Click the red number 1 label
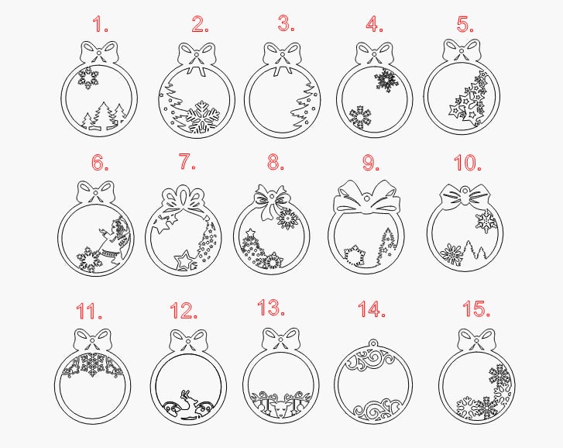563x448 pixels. (x=100, y=24)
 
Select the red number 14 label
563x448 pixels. (x=372, y=309)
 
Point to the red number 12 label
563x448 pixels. (x=184, y=310)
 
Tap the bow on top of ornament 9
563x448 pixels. (x=367, y=197)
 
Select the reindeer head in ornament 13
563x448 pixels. (x=281, y=408)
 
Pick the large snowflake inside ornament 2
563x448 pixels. (x=201, y=117)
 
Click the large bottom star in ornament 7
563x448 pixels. (x=184, y=260)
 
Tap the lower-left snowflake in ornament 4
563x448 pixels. (x=360, y=117)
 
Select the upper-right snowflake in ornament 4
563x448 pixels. (x=385, y=79)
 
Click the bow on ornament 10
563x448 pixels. (x=465, y=198)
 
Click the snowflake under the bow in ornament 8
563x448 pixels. (x=288, y=219)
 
